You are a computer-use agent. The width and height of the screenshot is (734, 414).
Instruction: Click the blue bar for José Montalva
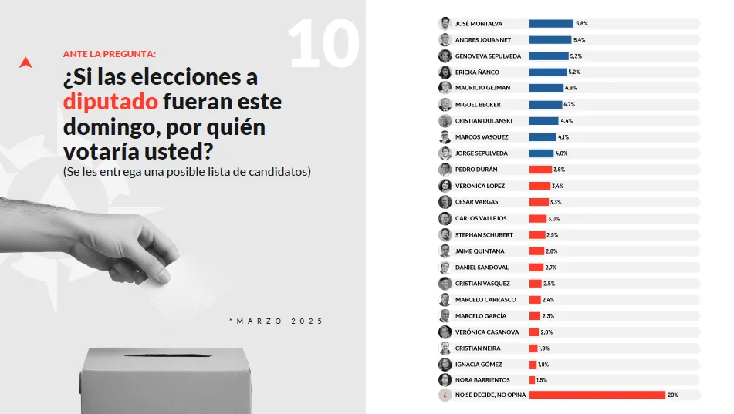pos(550,24)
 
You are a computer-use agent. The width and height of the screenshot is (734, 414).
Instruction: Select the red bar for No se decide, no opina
pos(597,395)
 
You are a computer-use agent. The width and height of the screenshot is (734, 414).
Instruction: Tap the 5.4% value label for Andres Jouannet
pos(580,40)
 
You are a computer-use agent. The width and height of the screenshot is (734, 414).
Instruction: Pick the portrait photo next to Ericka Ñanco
pos(445,72)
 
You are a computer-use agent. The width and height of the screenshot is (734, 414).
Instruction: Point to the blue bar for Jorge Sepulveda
pos(543,153)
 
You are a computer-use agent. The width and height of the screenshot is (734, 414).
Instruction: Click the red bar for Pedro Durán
pos(540,170)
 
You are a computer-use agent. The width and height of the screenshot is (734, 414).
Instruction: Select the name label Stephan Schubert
pos(483,234)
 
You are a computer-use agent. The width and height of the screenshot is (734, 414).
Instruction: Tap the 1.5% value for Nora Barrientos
pos(542,380)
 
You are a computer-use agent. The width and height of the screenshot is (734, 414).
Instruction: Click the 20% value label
pos(672,395)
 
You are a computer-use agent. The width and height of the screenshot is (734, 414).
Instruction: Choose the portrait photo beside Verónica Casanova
pos(445,332)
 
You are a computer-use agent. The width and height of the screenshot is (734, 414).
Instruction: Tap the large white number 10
pos(324,44)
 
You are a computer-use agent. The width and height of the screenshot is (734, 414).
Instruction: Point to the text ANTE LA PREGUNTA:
pos(109,54)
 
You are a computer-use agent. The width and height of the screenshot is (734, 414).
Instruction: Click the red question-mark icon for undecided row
pos(445,395)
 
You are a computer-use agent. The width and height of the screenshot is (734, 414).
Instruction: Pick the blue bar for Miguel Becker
pos(546,105)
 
